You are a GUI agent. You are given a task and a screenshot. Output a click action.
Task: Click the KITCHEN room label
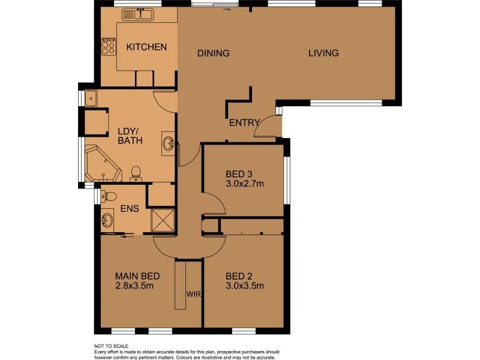pyautogui.click(x=146, y=47)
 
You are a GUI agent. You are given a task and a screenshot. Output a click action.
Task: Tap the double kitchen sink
pyautogui.click(x=137, y=15)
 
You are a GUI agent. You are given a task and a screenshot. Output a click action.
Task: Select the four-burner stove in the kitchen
pyautogui.click(x=109, y=46)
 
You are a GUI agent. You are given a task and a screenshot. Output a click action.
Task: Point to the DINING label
pyautogui.click(x=214, y=53)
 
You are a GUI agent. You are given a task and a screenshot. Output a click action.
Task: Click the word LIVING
pyautogui.click(x=323, y=53)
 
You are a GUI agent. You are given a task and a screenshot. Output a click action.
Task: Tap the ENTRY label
pyautogui.click(x=245, y=123)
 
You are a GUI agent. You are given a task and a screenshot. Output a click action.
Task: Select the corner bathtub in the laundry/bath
pyautogui.click(x=102, y=163)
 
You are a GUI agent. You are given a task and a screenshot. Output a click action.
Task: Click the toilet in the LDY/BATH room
pyautogui.click(x=136, y=173)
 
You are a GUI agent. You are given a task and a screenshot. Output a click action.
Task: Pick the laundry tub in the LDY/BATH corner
pyautogui.click(x=92, y=98)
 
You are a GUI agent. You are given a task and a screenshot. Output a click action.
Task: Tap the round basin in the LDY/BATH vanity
pyautogui.click(x=169, y=143)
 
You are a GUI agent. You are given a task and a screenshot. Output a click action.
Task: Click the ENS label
pyautogui.click(x=130, y=209)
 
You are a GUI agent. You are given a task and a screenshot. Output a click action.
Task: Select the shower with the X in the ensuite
pyautogui.click(x=162, y=219)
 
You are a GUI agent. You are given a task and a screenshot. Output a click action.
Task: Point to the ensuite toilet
pyautogui.click(x=109, y=196)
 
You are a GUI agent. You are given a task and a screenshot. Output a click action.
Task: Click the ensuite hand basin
pyautogui.click(x=108, y=220)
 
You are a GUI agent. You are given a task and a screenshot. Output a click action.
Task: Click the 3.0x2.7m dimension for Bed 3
pyautogui.click(x=245, y=184)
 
